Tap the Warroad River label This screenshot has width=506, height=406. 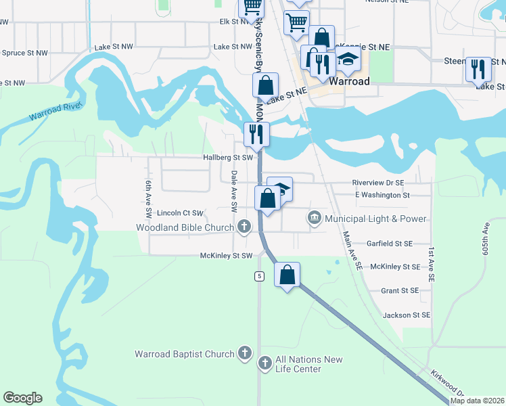click(x=55, y=112)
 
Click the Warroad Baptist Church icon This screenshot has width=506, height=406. click(x=246, y=353)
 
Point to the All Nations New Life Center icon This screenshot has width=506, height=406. click(x=265, y=364)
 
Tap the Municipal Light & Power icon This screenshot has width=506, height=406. click(x=315, y=218)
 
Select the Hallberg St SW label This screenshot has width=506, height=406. click(x=228, y=157)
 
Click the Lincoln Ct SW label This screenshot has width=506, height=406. click(x=180, y=212)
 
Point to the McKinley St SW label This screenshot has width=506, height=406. click(x=226, y=256)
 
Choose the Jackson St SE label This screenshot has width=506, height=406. click(x=407, y=315)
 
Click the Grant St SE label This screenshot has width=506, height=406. click(x=400, y=290)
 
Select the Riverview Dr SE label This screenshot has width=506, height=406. click(x=377, y=183)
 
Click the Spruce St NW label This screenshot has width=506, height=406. click(x=25, y=53)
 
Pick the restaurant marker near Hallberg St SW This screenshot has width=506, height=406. click(x=256, y=133)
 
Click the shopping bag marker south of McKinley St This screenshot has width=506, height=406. click(x=287, y=275)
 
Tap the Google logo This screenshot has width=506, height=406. click(x=22, y=398)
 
